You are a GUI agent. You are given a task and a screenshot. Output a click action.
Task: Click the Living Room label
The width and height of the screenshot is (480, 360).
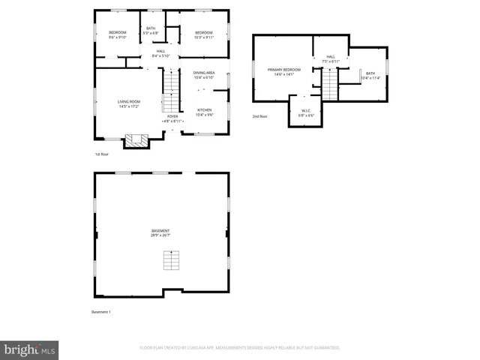(x=129, y=103)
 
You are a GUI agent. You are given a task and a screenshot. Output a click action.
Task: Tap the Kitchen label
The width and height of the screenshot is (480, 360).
(x=205, y=112)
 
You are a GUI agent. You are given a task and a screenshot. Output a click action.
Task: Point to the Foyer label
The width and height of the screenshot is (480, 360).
(x=172, y=118)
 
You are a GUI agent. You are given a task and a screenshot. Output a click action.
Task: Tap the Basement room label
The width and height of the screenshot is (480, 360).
(x=160, y=232)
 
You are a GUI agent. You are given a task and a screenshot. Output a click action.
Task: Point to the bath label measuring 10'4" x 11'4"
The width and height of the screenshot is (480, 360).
(x=370, y=75)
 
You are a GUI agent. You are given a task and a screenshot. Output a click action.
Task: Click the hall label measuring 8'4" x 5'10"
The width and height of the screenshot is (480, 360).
(x=161, y=53)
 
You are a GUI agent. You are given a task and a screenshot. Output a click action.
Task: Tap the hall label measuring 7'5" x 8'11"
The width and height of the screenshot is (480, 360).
(x=331, y=58)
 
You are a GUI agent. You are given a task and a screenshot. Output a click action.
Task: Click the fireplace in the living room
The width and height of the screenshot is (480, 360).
(x=136, y=139)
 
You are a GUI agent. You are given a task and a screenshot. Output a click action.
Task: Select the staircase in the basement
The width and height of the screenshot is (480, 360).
(x=172, y=261)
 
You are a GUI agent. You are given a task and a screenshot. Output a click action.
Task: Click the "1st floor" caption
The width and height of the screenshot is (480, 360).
(x=101, y=154)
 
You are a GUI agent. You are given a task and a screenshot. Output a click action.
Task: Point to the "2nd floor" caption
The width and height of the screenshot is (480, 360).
(x=259, y=117)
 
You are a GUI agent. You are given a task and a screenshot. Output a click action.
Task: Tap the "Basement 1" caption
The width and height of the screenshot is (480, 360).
(x=100, y=311)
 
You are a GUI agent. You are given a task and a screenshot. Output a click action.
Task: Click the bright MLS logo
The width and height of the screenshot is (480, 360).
(x=30, y=349)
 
